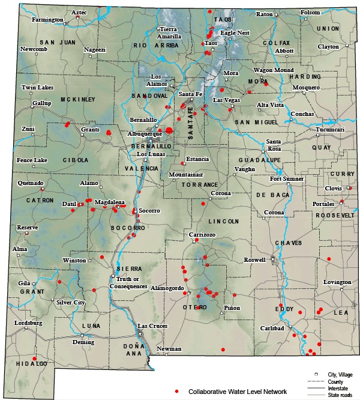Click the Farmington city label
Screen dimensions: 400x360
[47, 20]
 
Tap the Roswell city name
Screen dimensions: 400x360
[254, 260]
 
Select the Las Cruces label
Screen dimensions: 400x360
[152, 326]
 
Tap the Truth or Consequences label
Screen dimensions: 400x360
[128, 283]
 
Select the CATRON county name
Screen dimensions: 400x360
[40, 200]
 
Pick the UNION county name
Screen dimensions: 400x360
[328, 29]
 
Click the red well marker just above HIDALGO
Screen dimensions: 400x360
[35, 357]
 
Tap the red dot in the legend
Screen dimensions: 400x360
[177, 392]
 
